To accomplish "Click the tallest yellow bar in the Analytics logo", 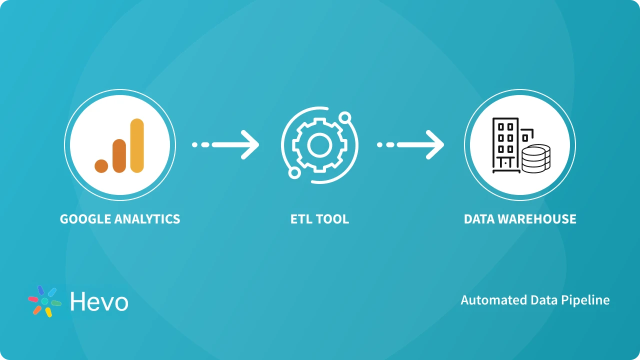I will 136,145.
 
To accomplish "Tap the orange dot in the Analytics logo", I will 101,166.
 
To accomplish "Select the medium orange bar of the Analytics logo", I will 119,156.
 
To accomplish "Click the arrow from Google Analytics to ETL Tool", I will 226,145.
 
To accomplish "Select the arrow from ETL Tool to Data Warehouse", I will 411,145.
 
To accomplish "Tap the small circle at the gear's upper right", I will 344,118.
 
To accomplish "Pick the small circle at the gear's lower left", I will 294,172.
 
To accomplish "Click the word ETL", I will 301,219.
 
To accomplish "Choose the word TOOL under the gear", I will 333,219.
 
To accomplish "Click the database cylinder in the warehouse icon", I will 536,158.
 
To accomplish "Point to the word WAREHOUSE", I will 539,219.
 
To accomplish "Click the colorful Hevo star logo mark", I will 44,301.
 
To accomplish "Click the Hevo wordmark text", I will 99,301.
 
